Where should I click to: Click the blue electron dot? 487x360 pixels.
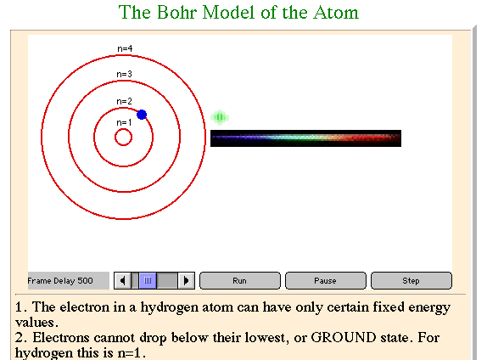pyautogui.click(x=142, y=115)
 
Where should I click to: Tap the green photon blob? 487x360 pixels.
pyautogui.click(x=220, y=117)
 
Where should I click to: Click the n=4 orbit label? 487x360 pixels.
pyautogui.click(x=125, y=48)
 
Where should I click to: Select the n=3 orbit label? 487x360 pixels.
pyautogui.click(x=124, y=74)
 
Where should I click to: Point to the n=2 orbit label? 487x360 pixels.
pyautogui.click(x=124, y=101)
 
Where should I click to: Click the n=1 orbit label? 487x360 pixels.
pyautogui.click(x=124, y=122)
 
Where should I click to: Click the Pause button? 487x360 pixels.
pyautogui.click(x=325, y=281)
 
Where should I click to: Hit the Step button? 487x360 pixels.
pyautogui.click(x=411, y=281)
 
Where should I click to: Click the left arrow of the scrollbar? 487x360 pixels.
pyautogui.click(x=122, y=281)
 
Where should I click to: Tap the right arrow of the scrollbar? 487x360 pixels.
pyautogui.click(x=187, y=281)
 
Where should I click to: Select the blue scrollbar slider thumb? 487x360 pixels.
pyautogui.click(x=148, y=281)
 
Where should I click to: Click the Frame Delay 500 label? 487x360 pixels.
pyautogui.click(x=60, y=281)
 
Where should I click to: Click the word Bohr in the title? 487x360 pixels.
pyautogui.click(x=177, y=13)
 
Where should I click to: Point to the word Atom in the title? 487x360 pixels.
pyautogui.click(x=336, y=13)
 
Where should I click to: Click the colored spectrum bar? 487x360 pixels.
pyautogui.click(x=305, y=138)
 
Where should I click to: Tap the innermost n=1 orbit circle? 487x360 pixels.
pyautogui.click(x=123, y=129)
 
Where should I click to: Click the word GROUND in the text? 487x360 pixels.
pyautogui.click(x=344, y=337)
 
